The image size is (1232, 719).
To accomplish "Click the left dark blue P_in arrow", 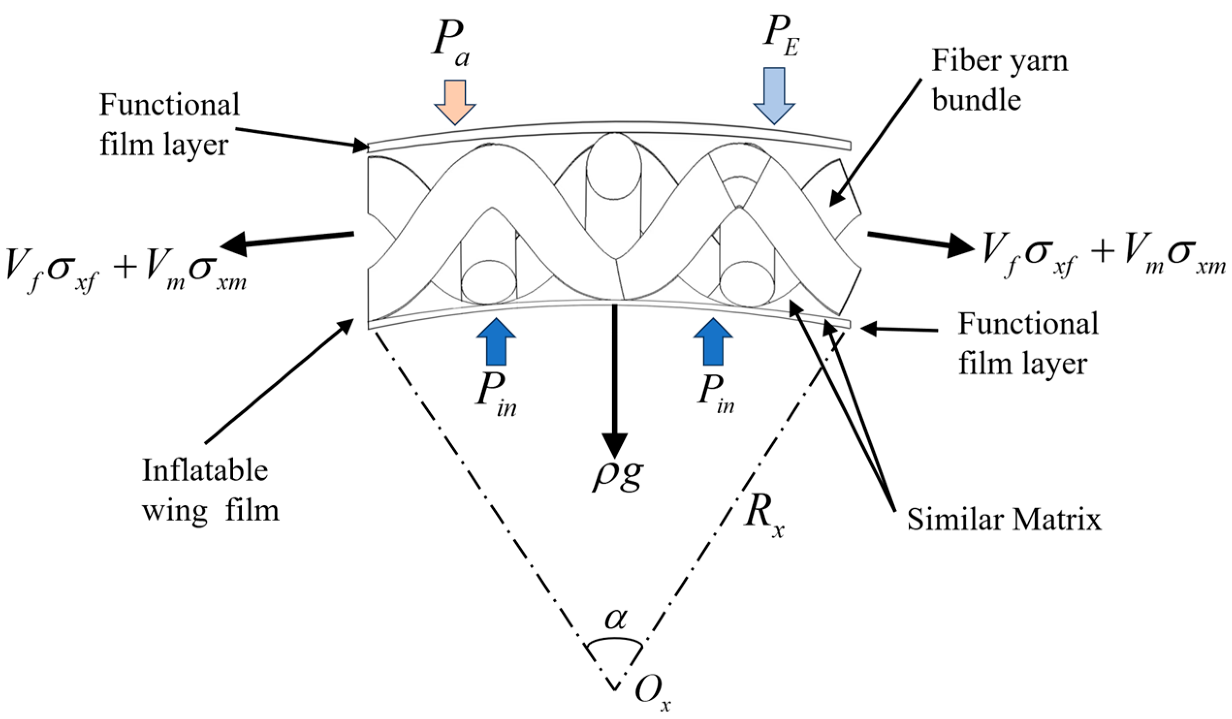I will click(496, 342).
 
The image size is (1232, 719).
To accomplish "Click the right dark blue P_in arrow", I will click(713, 342).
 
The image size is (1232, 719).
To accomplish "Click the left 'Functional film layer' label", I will click(169, 125).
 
